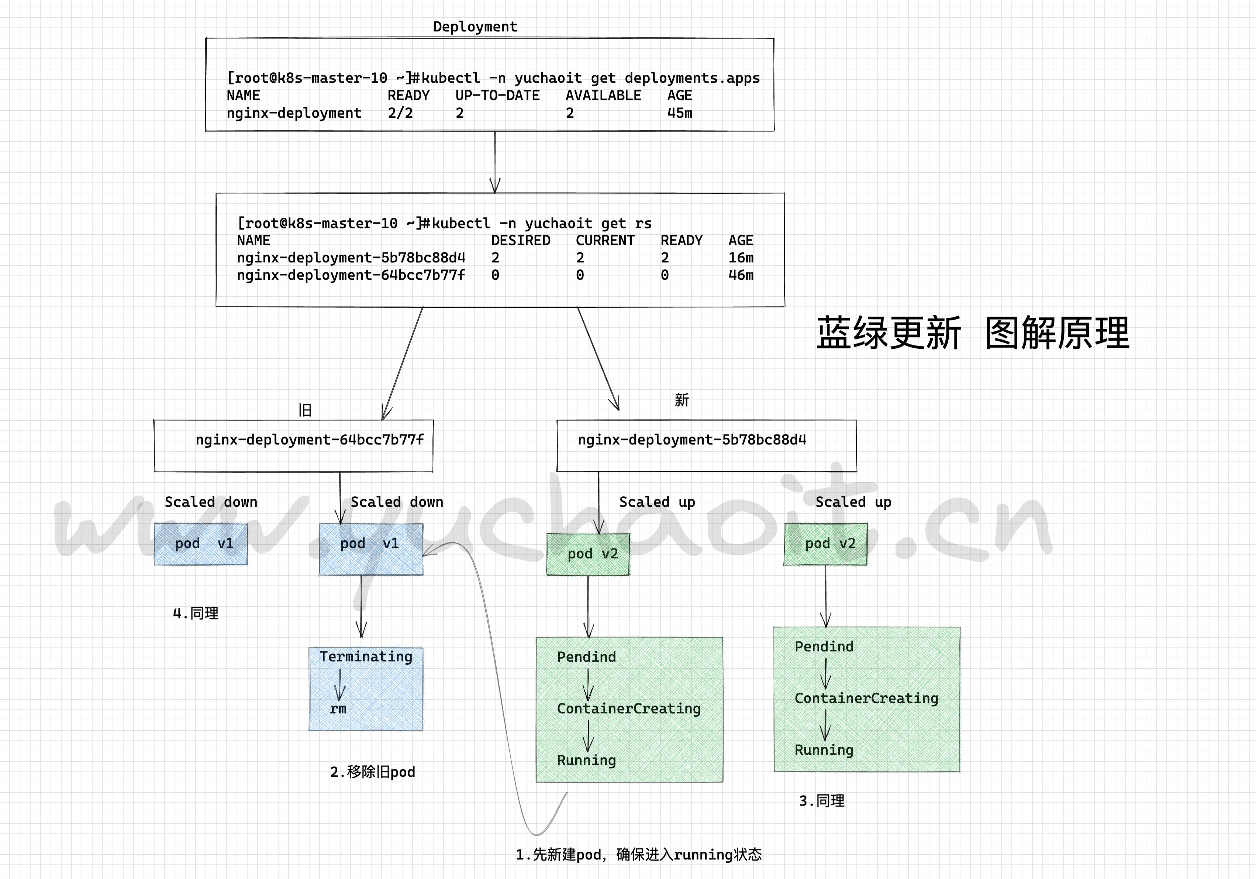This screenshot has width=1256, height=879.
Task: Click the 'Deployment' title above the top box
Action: pyautogui.click(x=475, y=27)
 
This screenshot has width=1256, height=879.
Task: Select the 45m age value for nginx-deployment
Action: pyautogui.click(x=679, y=113)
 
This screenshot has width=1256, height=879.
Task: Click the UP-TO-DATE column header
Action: pyautogui.click(x=497, y=96)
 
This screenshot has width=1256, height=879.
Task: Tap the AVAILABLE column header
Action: pyautogui.click(x=603, y=96)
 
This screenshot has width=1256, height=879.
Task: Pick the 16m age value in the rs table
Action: pyautogui.click(x=741, y=258)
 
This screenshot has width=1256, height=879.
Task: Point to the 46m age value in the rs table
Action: pyautogui.click(x=741, y=275)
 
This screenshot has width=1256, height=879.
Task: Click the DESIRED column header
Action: pyautogui.click(x=520, y=241)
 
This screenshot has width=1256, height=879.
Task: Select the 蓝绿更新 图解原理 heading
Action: pyautogui.click(x=973, y=333)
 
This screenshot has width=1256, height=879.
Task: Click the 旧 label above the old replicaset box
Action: pyautogui.click(x=305, y=410)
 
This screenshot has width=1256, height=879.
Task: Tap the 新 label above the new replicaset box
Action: pyautogui.click(x=682, y=400)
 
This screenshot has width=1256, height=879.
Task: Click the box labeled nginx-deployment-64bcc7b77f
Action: pyautogui.click(x=294, y=446)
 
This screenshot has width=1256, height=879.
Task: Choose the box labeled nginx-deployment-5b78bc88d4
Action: pyautogui.click(x=706, y=446)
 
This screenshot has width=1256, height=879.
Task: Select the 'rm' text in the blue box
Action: pyautogui.click(x=338, y=709)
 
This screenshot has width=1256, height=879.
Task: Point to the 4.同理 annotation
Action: pyautogui.click(x=196, y=613)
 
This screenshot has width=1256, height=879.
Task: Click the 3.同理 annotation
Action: pyautogui.click(x=822, y=801)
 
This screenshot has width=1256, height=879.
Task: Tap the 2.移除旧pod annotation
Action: pyautogui.click(x=373, y=772)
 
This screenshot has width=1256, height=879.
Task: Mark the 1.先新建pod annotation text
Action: pyautogui.click(x=638, y=854)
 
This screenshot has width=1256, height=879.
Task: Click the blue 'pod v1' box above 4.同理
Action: pyautogui.click(x=201, y=544)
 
